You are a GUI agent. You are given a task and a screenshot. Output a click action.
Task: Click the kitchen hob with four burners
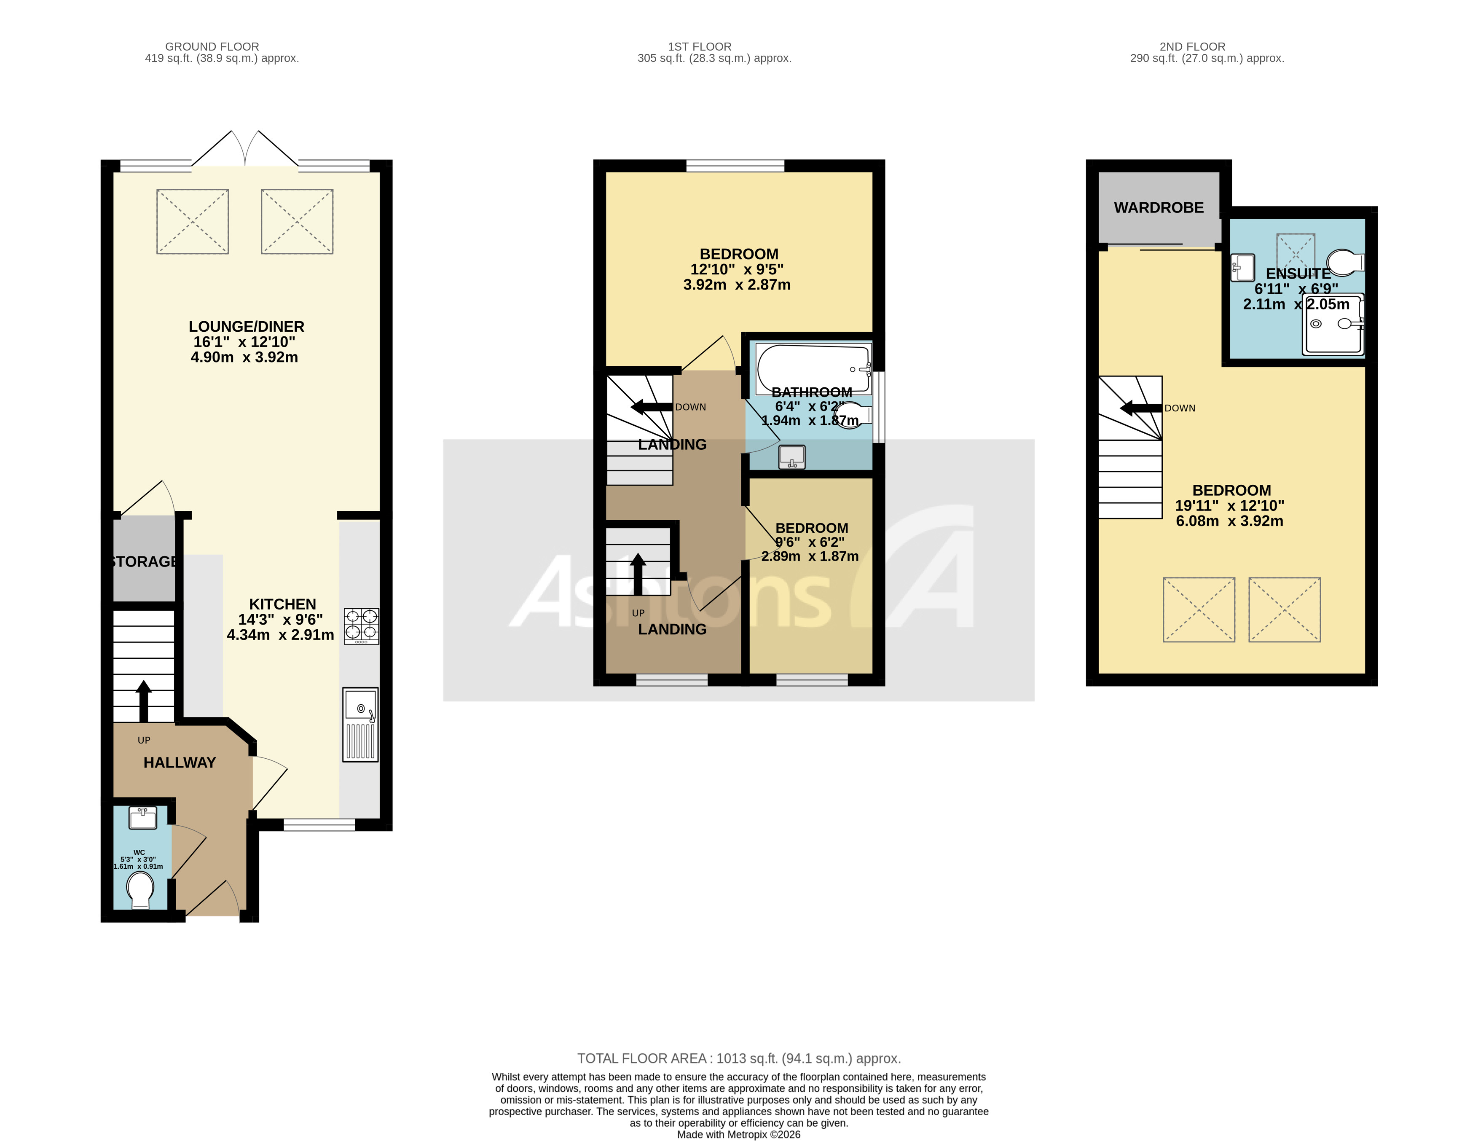point(361,626)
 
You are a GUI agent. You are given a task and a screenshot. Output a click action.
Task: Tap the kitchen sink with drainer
point(360,724)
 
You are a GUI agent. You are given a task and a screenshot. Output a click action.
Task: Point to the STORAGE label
point(144,562)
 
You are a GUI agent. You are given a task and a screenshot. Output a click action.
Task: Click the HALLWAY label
point(180,762)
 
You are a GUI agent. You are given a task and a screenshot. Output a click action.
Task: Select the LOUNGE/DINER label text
point(246,327)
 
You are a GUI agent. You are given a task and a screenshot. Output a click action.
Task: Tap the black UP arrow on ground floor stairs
point(143,701)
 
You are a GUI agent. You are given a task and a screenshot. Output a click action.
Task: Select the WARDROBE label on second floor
point(1159,208)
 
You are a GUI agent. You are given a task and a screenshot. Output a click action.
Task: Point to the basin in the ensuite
point(1242,267)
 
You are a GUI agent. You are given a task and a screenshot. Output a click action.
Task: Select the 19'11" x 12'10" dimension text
point(1229,505)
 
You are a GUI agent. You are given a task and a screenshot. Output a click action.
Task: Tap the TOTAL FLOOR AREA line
point(738,1058)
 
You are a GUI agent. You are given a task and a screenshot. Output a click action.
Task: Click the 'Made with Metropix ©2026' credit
point(738,1134)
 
